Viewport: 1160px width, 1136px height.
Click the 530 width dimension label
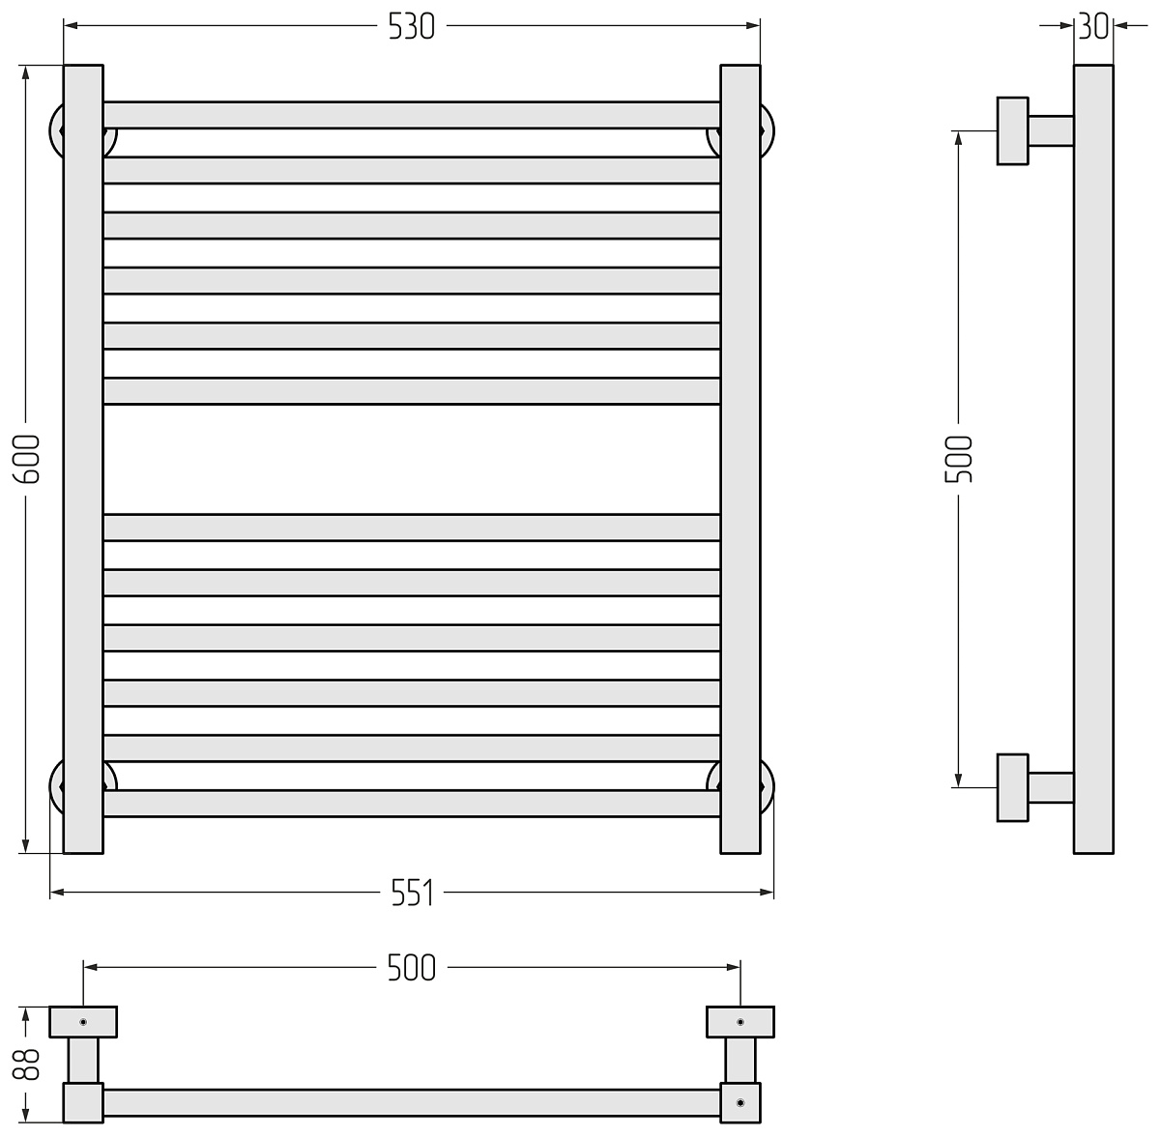411,26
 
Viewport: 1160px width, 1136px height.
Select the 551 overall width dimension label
413,893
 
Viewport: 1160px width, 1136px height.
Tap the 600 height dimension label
26,459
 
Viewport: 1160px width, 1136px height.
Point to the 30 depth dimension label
1092,26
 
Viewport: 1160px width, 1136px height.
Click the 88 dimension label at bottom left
26,1065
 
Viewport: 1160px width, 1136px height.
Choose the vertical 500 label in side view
958,459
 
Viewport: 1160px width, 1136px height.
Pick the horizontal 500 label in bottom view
412,968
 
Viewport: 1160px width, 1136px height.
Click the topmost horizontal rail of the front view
412,115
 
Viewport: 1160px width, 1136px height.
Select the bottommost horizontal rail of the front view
412,804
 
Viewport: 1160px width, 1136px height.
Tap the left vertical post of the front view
83,459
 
